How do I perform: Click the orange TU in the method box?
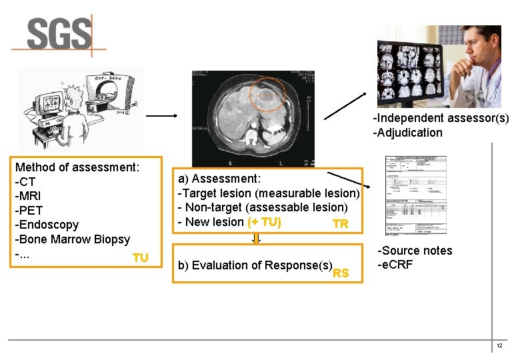(140, 258)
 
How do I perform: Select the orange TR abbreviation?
(340, 224)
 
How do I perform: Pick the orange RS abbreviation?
(341, 273)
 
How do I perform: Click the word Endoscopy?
(49, 225)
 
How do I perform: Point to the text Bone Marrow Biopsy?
(74, 239)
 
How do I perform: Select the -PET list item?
(29, 211)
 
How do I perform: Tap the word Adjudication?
(409, 132)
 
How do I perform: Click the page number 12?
(499, 346)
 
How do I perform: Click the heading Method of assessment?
(77, 167)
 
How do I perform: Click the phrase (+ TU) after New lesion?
(264, 222)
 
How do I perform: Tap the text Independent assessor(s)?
(441, 118)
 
